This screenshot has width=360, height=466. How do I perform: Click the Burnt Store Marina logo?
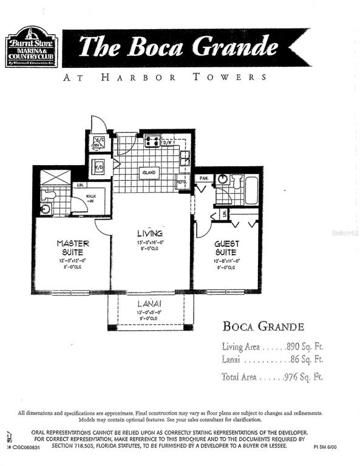click(32, 46)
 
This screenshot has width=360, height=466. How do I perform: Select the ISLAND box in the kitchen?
click(150, 173)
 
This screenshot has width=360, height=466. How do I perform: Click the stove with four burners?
click(152, 141)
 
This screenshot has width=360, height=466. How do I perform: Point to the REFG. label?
click(182, 182)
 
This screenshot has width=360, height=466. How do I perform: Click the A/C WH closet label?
click(97, 143)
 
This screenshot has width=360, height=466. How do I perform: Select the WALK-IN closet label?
click(92, 199)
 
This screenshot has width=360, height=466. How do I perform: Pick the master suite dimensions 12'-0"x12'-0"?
click(73, 260)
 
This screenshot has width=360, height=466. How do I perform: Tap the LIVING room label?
click(149, 234)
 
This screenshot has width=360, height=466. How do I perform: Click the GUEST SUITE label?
click(226, 248)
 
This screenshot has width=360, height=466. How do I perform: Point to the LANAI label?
click(149, 303)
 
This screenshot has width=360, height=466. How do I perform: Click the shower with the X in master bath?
click(53, 180)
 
